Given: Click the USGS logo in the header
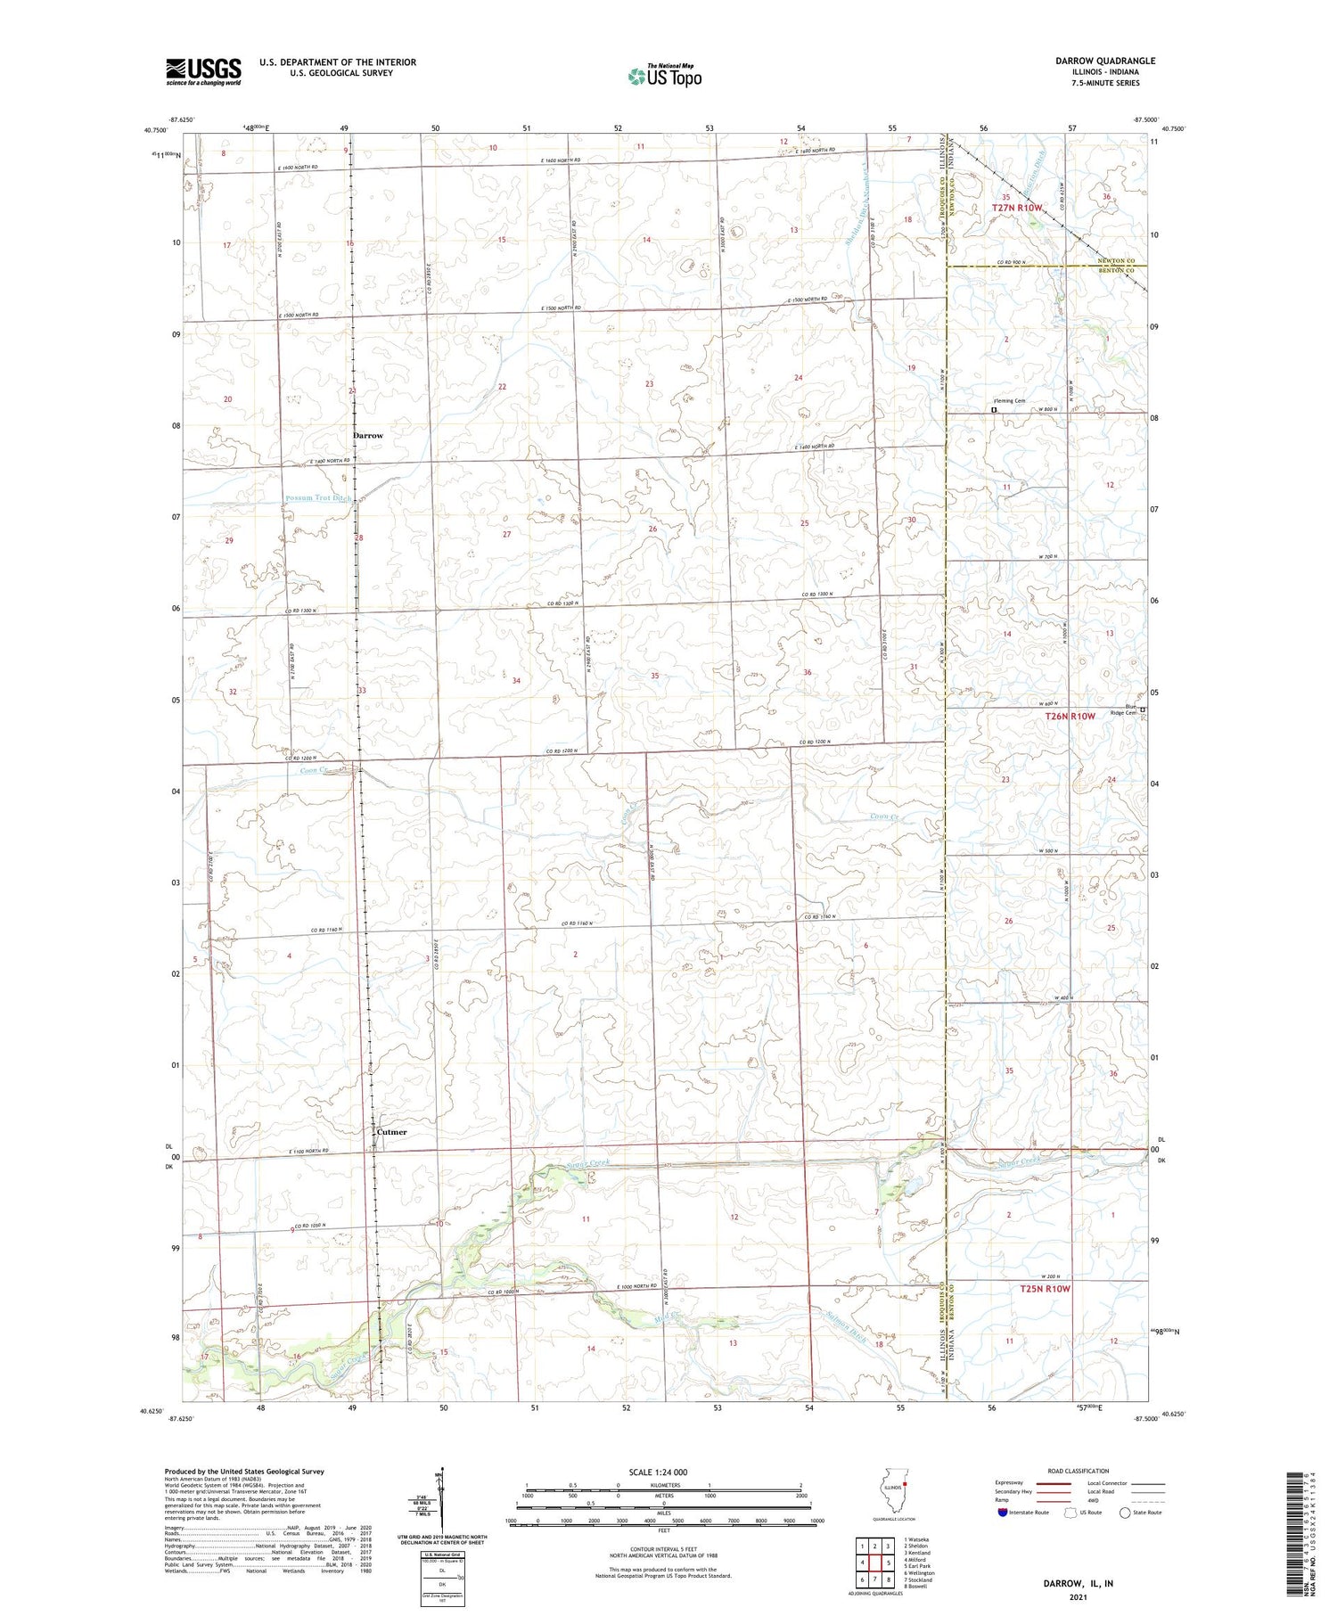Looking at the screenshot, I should click(203, 71).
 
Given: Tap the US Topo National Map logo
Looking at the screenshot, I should click(665, 76).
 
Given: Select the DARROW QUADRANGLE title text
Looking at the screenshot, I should click(1105, 61).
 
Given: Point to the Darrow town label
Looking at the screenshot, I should click(367, 436).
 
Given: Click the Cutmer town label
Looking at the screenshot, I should click(391, 1132).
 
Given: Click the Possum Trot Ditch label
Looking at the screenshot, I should click(319, 498).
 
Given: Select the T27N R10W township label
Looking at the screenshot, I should click(1017, 208).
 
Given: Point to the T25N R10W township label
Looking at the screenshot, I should click(1045, 1289).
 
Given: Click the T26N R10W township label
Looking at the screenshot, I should click(1070, 716).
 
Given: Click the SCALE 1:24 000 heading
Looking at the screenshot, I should click(660, 1472).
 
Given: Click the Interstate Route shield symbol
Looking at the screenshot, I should click(1003, 1513).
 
